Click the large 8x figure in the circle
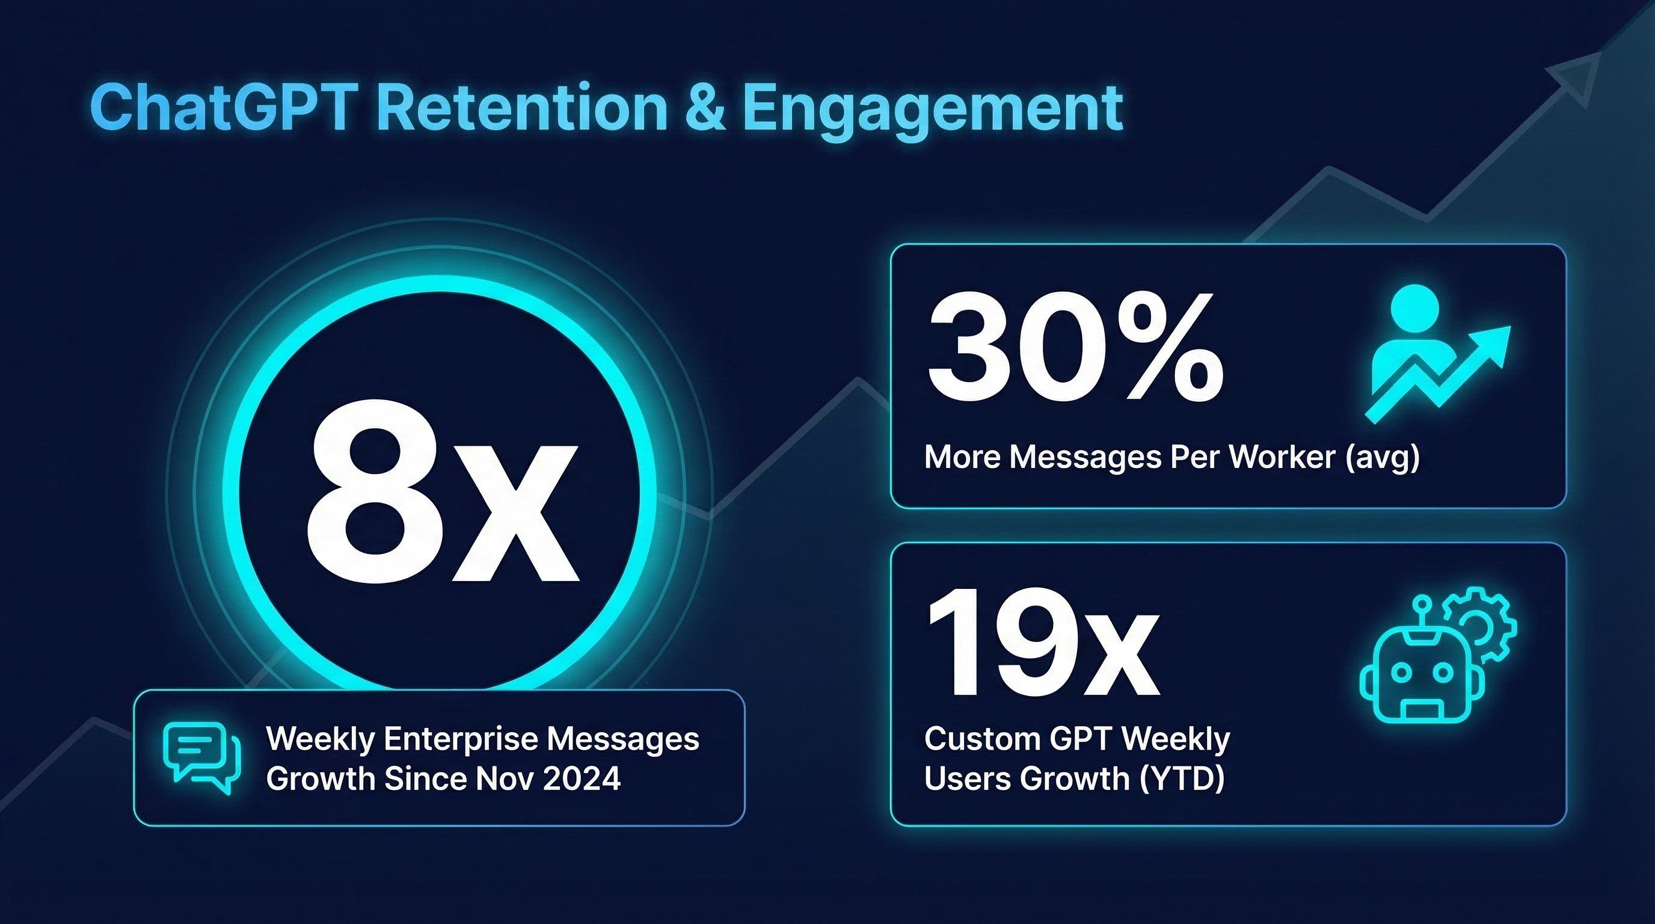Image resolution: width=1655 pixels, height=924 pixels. pos(442,491)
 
